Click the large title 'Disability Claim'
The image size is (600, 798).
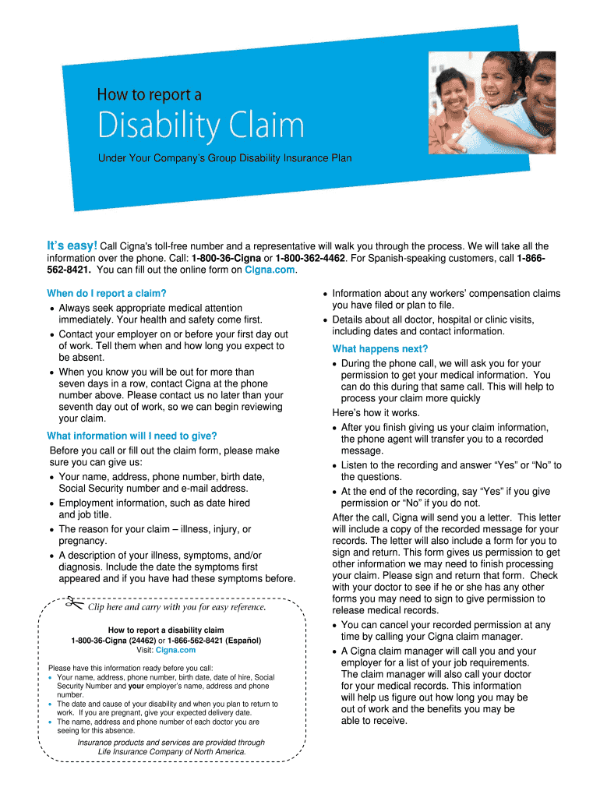200,127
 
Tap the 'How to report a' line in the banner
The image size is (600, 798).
149,95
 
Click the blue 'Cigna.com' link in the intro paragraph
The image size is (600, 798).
270,270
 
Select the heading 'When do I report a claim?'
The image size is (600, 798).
107,293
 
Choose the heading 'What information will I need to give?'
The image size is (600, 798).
132,436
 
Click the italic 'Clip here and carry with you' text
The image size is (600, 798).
177,607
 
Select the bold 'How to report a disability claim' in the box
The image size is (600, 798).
165,630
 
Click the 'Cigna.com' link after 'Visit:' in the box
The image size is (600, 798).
175,649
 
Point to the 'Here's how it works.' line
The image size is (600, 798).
376,413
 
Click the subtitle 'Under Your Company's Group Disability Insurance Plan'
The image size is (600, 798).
224,158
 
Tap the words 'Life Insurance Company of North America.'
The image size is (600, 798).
171,752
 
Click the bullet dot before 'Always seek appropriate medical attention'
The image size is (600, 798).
51,309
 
